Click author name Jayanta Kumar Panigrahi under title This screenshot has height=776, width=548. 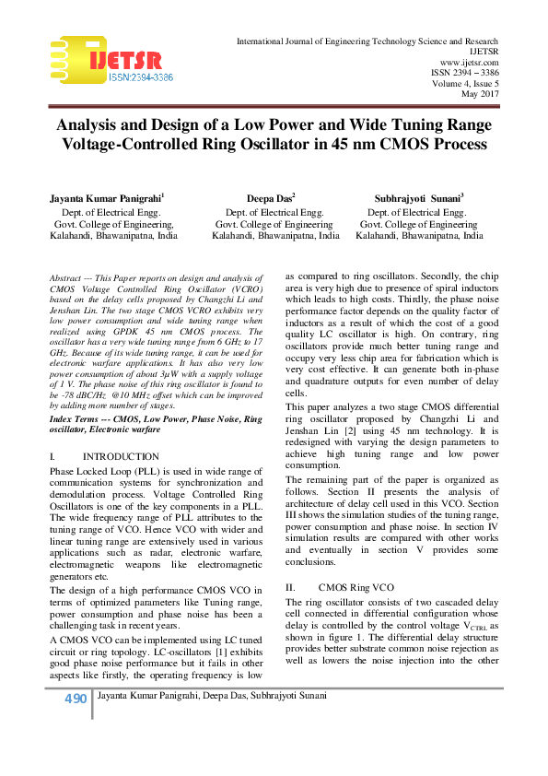[106, 197]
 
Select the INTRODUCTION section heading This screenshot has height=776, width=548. [121, 457]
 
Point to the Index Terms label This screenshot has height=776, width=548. [79, 418]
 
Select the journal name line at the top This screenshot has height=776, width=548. [367, 42]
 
